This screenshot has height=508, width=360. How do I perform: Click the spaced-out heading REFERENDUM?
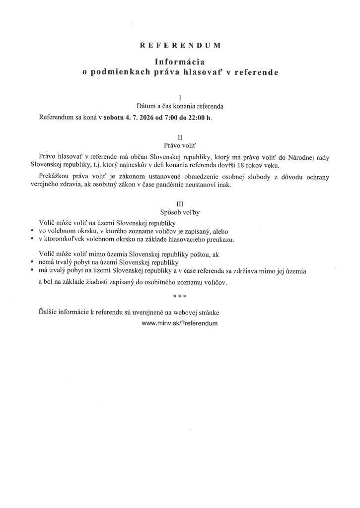(x=180, y=46)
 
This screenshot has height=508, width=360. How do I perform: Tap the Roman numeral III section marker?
(x=180, y=204)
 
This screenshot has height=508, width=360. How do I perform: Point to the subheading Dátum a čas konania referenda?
(x=180, y=106)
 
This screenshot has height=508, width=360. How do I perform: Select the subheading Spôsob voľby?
(x=180, y=212)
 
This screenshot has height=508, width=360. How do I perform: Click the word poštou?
(x=198, y=254)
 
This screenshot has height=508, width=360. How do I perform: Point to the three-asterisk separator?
(x=180, y=297)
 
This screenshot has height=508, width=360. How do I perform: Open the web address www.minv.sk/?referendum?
(x=180, y=323)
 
